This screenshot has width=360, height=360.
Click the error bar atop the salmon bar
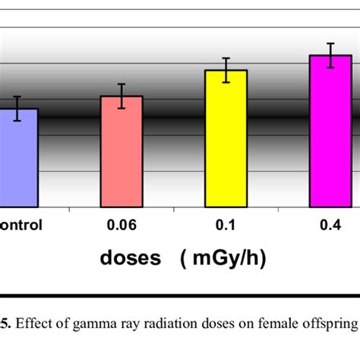(x=122, y=96)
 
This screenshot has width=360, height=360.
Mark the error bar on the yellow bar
(x=226, y=70)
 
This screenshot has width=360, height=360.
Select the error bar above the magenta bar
(x=330, y=55)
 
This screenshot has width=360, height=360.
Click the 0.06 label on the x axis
(x=122, y=226)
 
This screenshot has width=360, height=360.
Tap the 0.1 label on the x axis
(x=226, y=226)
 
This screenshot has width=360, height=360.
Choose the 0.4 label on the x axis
(x=330, y=226)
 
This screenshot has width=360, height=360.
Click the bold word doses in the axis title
(x=131, y=258)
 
